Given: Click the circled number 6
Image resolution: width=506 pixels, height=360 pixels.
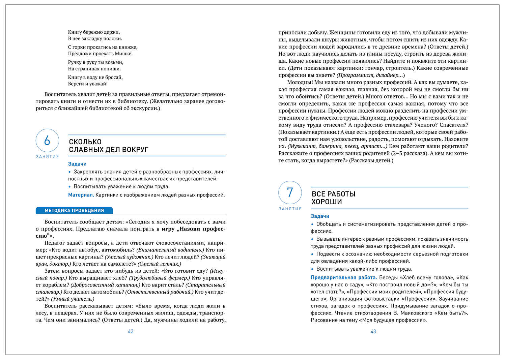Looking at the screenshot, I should [x=47, y=140].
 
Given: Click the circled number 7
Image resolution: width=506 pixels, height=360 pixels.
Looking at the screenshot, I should [x=290, y=192].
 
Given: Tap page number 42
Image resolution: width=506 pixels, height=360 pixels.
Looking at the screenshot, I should [x=131, y=332].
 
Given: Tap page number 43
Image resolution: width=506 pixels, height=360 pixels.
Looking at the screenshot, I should [x=373, y=332].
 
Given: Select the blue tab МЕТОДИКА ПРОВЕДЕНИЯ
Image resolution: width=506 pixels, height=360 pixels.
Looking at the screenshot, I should [x=74, y=211].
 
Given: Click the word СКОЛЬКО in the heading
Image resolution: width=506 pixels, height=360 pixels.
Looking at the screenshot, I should [x=85, y=142].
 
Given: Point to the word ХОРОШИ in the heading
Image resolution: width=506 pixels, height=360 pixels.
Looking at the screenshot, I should [x=327, y=202].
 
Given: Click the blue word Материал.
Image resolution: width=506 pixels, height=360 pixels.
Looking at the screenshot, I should [x=81, y=195].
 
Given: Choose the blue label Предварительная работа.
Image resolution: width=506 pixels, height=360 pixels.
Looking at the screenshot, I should [x=343, y=278].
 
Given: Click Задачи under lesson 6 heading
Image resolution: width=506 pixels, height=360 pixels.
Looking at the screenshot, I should [x=77, y=164].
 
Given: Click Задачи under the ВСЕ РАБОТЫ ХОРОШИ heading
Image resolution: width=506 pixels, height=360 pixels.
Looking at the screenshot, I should [x=320, y=216].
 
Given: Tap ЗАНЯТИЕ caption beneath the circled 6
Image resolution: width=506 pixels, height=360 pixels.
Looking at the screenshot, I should [x=47, y=157].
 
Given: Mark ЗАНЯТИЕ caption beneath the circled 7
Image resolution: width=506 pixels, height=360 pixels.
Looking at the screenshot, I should [x=290, y=209].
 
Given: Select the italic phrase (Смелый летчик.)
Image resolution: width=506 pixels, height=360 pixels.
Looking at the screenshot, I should [x=160, y=264].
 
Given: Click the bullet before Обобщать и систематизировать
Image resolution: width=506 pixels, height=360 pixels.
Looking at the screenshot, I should [x=312, y=224].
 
